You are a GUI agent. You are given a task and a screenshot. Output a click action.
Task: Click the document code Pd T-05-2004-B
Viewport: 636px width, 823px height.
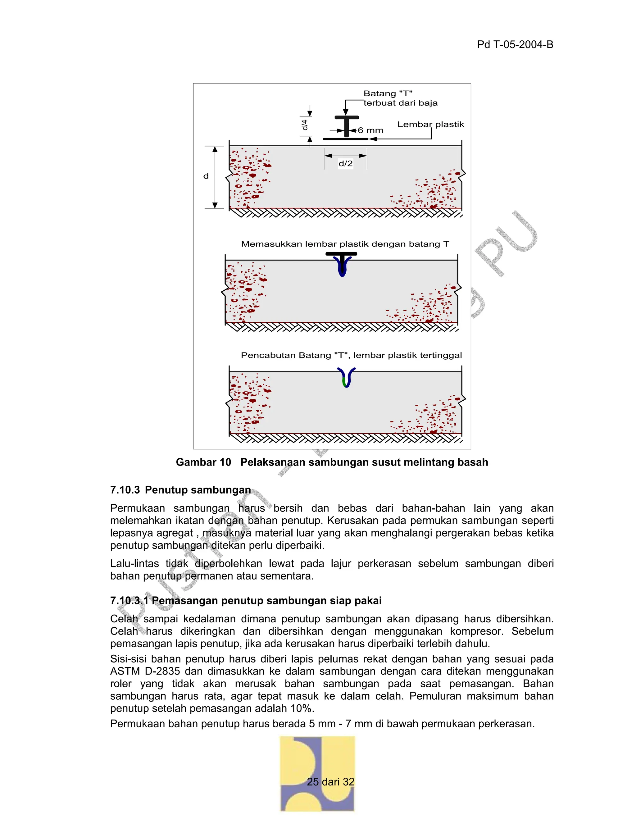(515, 44)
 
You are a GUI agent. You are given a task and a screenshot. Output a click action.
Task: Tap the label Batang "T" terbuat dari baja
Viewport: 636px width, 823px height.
(400, 98)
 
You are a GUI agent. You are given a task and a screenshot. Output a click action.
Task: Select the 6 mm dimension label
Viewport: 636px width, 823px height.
(370, 130)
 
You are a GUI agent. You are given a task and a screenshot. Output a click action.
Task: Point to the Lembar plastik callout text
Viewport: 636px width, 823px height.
(431, 124)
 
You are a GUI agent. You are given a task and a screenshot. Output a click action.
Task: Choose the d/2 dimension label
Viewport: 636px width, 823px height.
(346, 164)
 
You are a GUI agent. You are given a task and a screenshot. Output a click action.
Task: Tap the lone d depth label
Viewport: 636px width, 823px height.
(206, 176)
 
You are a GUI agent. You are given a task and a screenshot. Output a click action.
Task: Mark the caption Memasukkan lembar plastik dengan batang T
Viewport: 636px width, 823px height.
(345, 244)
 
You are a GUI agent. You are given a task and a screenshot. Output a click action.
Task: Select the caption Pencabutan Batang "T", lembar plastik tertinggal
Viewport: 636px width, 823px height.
(351, 355)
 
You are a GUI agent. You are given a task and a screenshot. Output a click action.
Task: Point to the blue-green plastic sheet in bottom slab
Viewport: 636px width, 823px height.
(346, 378)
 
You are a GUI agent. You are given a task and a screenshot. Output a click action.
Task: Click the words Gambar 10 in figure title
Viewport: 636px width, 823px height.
(203, 462)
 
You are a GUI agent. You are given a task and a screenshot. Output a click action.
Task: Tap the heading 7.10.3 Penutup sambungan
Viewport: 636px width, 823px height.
(180, 490)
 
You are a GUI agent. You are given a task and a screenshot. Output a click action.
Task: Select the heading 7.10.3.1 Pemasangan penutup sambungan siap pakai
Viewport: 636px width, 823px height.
(246, 600)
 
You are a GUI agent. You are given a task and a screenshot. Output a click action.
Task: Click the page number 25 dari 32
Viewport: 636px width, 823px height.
(330, 782)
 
